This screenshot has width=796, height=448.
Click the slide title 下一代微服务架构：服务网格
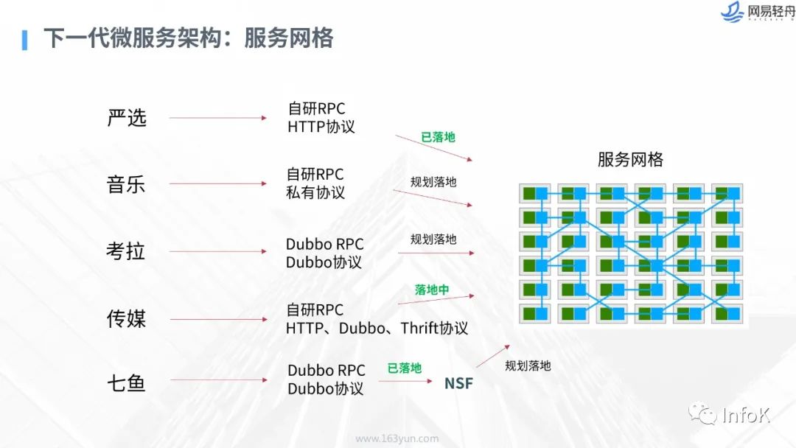coord(188,38)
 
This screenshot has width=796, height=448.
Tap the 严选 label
coord(127,118)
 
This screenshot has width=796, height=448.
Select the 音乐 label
coord(126,184)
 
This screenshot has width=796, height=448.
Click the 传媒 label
coord(126,318)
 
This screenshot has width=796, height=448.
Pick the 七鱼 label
coord(126,383)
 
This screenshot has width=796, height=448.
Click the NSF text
coord(458,384)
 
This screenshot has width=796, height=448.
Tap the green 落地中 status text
coord(432,290)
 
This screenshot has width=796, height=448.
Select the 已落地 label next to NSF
coord(405,368)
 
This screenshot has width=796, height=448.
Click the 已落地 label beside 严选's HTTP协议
coord(438,137)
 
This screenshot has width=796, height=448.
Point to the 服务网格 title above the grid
coord(630,159)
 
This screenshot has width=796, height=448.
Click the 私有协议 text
coord(315,192)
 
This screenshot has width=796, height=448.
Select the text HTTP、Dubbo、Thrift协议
coord(377,328)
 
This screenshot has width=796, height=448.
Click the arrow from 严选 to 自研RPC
coord(217,118)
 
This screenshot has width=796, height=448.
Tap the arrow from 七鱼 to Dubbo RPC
coord(217,380)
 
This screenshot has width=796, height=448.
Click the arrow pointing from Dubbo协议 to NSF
coord(405,381)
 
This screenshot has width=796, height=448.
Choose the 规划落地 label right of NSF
coord(528,365)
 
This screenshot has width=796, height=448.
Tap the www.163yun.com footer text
coord(397,438)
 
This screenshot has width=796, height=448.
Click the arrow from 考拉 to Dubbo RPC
coord(217,251)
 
